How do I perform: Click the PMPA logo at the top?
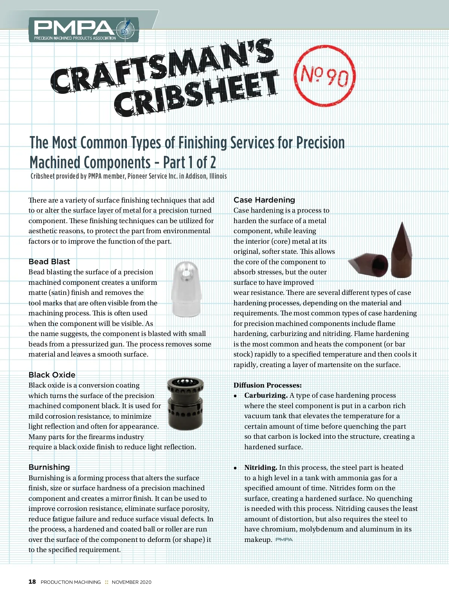[83, 30]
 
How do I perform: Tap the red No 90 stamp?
[324, 76]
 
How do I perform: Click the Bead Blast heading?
[49, 262]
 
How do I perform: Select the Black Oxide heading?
[52, 375]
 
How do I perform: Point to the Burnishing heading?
[49, 467]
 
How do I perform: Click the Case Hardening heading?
[264, 200]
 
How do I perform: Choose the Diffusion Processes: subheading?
[268, 385]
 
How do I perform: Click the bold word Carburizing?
[266, 395]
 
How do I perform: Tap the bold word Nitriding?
[260, 468]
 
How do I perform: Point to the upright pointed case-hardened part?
[401, 250]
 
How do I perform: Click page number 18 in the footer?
[32, 582]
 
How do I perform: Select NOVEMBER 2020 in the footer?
[131, 582]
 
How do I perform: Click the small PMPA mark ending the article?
[284, 540]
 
